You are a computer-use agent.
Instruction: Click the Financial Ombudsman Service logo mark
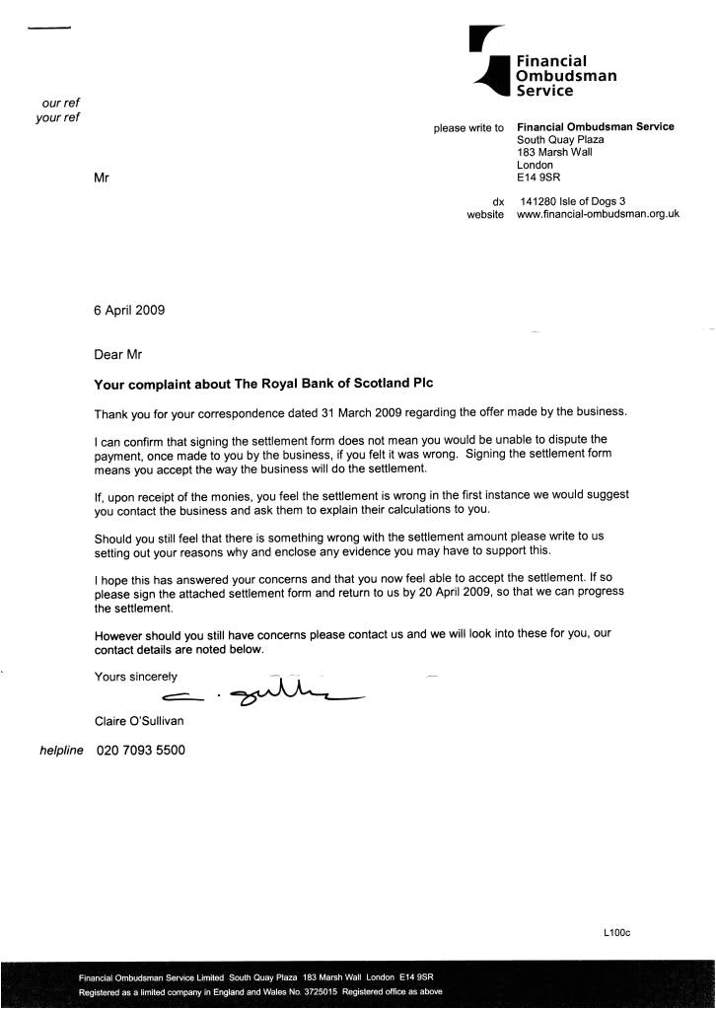[x=490, y=62]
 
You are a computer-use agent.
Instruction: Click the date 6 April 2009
[x=129, y=310]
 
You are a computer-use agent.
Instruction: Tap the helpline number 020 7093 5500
[x=140, y=751]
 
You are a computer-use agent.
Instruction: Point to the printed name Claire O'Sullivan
[x=139, y=721]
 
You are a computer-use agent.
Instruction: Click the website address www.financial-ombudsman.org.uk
[x=598, y=214]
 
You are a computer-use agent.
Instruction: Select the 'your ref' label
[x=57, y=117]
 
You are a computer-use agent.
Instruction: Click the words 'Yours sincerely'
[x=136, y=677]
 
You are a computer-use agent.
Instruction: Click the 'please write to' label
[x=468, y=127]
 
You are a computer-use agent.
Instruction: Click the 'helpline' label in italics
[x=65, y=751]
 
